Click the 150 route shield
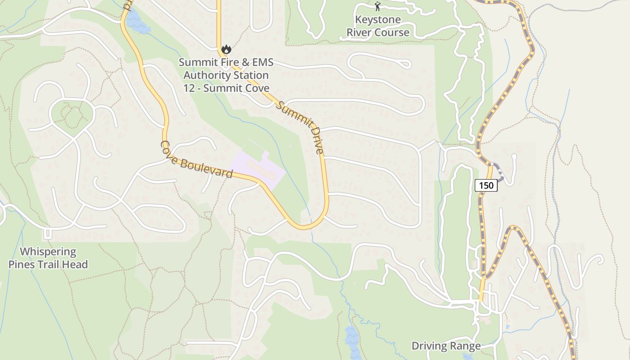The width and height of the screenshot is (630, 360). click(x=486, y=185)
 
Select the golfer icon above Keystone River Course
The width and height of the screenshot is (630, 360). click(x=378, y=6)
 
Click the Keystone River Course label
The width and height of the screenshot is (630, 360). click(x=378, y=26)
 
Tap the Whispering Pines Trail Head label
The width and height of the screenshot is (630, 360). click(x=48, y=258)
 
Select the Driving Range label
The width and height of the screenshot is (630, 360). click(x=446, y=346)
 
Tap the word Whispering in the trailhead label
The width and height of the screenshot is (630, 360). click(x=48, y=252)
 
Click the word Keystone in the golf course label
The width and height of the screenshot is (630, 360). click(x=378, y=20)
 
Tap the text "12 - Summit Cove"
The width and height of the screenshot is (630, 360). click(x=226, y=88)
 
